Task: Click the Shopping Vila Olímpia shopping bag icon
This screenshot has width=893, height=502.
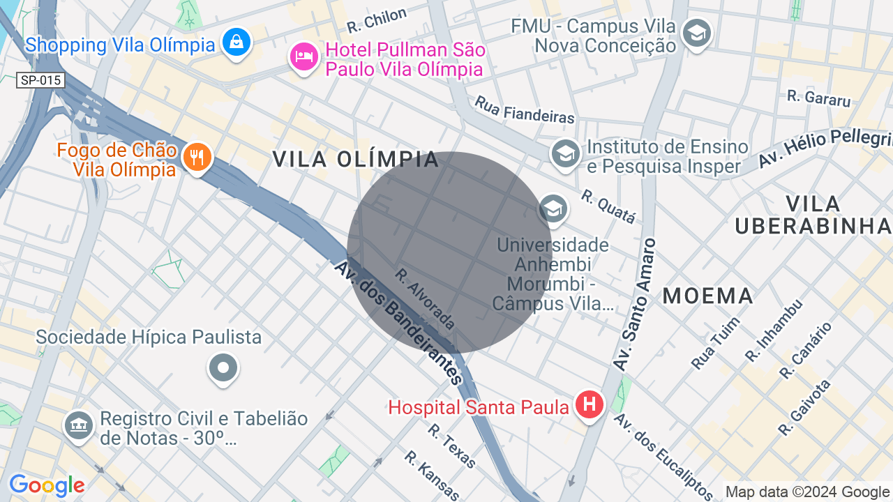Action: click(x=237, y=42)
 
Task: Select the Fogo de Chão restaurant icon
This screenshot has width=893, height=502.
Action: click(x=197, y=157)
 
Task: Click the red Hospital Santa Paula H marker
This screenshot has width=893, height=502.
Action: click(x=590, y=404)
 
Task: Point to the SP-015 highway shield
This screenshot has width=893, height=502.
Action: click(x=40, y=80)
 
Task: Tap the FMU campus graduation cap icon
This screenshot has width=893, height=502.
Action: click(x=696, y=33)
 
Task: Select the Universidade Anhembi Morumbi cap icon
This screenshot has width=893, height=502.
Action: click(x=553, y=208)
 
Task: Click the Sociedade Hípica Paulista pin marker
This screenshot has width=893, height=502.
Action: click(x=223, y=367)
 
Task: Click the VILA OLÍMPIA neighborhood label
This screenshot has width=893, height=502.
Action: click(x=356, y=159)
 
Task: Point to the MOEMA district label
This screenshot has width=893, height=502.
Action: click(x=708, y=296)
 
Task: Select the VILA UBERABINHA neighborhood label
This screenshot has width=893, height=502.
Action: click(x=813, y=215)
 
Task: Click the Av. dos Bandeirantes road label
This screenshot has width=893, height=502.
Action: click(x=398, y=323)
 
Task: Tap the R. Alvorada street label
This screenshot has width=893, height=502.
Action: click(x=425, y=298)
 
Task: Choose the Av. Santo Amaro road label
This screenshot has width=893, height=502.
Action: click(x=635, y=304)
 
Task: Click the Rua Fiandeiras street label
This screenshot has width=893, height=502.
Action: click(x=525, y=110)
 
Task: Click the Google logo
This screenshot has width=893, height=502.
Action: click(x=47, y=485)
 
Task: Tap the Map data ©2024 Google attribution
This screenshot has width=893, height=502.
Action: click(x=808, y=492)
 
